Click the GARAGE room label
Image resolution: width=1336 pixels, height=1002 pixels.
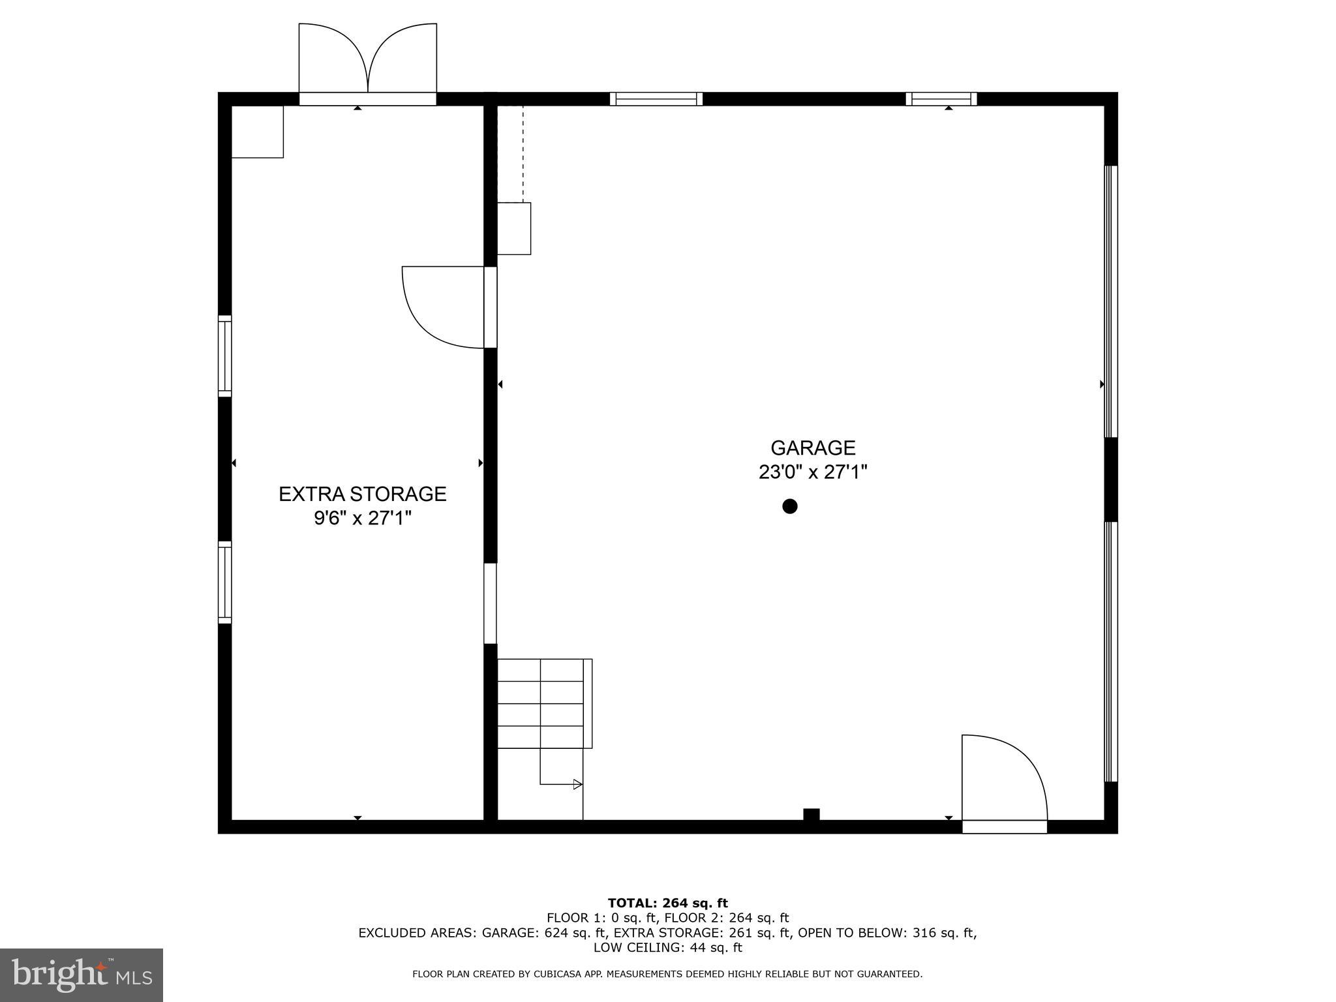coord(813,448)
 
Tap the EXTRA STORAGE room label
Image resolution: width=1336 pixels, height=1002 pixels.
coord(363,494)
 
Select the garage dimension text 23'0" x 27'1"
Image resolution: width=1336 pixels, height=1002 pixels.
coord(813,472)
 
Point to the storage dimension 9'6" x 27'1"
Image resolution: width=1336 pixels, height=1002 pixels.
coord(363,518)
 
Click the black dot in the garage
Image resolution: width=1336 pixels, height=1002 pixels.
coord(790,506)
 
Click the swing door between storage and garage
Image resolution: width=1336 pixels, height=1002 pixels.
coord(444,307)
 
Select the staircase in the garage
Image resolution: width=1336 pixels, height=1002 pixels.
coord(544,704)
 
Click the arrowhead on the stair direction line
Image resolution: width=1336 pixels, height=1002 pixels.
coord(577,784)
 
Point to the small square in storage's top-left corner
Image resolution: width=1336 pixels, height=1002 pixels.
coord(258,132)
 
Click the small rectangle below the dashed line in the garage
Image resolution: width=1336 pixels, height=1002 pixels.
coord(514,228)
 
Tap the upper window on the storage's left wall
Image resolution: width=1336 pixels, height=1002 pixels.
coord(224,356)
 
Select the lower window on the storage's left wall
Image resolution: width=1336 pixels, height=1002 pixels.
coord(224,582)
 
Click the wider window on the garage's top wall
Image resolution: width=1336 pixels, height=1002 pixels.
coord(656,99)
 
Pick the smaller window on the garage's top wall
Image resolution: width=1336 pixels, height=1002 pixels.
coord(941,99)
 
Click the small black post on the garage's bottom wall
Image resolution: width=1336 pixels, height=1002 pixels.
coord(811,814)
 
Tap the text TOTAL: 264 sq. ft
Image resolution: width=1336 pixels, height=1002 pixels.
coord(667,903)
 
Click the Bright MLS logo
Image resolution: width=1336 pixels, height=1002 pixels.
coord(82,975)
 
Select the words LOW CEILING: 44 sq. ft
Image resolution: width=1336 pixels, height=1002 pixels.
coord(667,947)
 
